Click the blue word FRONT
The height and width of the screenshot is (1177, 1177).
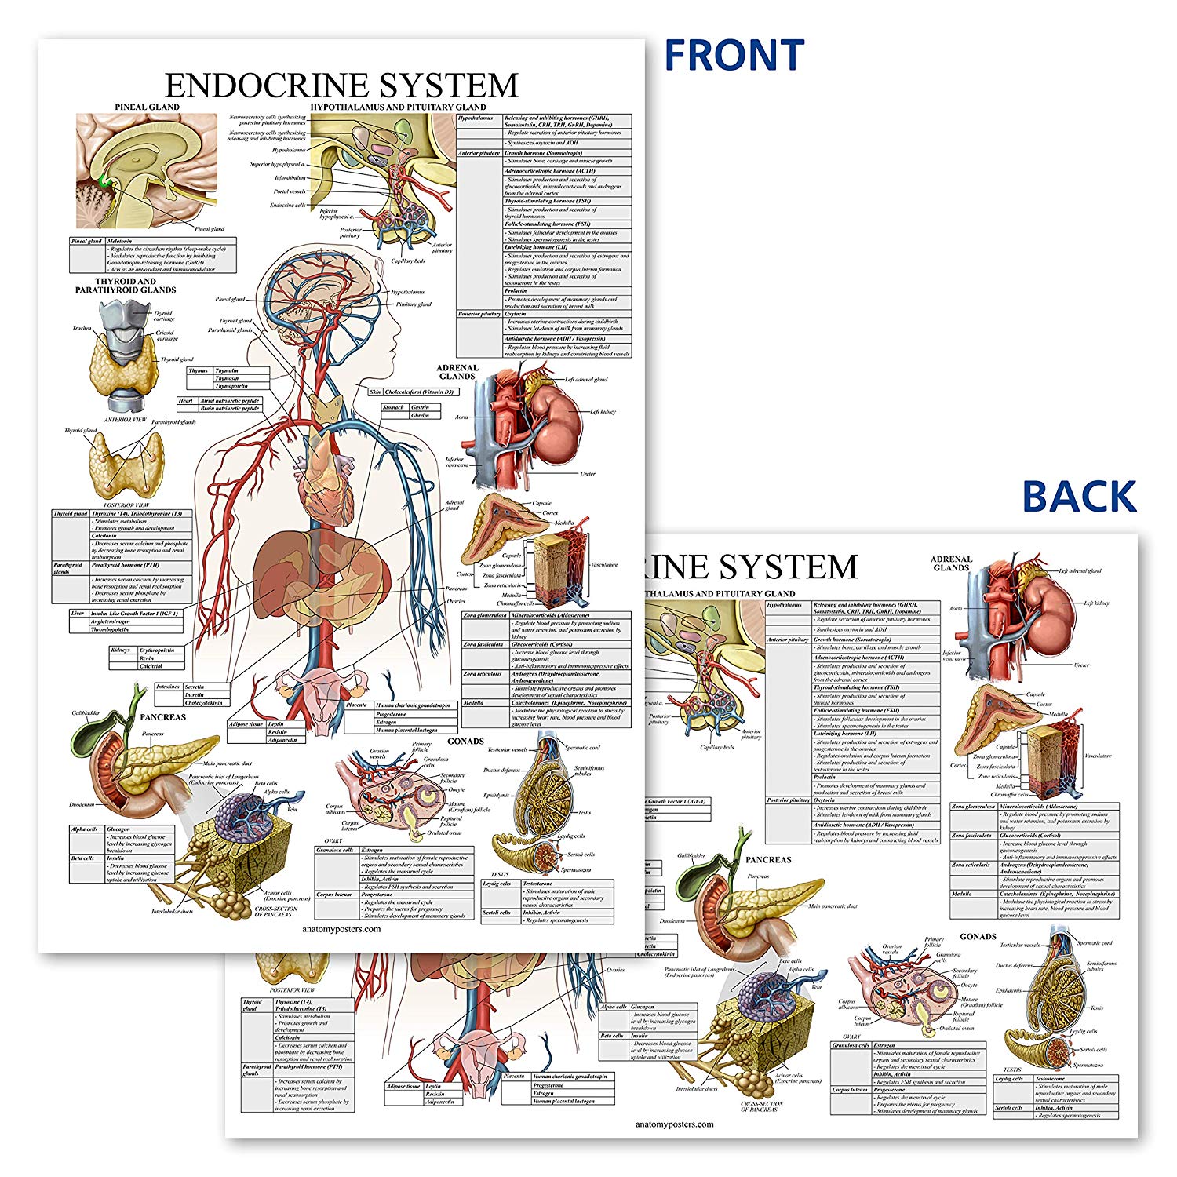(734, 55)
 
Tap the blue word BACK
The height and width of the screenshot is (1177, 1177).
(1079, 497)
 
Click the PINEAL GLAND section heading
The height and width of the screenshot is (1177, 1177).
(147, 107)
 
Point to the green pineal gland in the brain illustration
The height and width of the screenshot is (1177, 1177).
(105, 182)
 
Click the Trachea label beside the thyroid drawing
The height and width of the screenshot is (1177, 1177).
(82, 328)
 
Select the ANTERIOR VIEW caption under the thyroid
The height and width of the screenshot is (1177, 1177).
(126, 420)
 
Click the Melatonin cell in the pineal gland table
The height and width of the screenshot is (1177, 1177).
(119, 241)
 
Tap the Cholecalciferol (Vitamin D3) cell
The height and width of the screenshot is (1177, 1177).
(419, 392)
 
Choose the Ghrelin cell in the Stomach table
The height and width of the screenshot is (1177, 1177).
(420, 415)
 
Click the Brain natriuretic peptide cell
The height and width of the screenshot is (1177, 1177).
(229, 409)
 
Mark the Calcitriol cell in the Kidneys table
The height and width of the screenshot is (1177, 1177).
(150, 666)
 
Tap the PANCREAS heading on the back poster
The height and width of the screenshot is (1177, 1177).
(768, 860)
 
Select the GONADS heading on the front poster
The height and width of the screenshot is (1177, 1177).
(465, 741)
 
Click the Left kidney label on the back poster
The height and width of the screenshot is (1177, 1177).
(1096, 603)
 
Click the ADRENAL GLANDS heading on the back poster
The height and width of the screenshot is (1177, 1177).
(951, 563)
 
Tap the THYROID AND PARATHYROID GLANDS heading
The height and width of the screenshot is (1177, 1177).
(126, 285)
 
